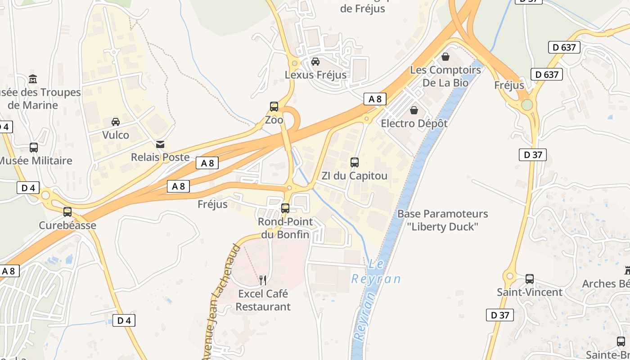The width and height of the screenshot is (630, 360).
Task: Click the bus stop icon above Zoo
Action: [274, 107]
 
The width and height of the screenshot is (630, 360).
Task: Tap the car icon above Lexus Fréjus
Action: [316, 62]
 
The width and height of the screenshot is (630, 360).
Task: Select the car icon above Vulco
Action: [116, 122]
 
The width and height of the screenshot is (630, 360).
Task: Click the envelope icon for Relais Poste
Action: [160, 144]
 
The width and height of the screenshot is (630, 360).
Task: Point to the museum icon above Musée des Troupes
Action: [33, 79]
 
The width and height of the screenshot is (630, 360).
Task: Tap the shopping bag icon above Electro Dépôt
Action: [414, 110]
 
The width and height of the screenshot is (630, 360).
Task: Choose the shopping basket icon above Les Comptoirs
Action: [445, 57]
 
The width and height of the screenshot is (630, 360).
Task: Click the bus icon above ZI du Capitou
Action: [355, 162]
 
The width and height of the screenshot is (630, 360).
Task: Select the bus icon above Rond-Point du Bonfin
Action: [285, 208]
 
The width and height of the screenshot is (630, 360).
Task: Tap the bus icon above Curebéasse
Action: [67, 212]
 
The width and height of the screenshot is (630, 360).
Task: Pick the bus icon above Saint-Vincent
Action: [530, 279]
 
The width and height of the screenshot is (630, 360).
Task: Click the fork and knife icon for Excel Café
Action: [263, 281]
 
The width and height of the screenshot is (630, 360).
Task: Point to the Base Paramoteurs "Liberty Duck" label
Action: [443, 220]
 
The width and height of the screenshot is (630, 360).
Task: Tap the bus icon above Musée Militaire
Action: [34, 148]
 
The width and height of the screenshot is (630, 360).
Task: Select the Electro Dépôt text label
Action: [414, 123]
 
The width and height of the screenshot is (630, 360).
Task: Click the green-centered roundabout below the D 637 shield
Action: [527, 105]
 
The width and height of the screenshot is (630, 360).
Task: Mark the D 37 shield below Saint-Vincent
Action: [500, 315]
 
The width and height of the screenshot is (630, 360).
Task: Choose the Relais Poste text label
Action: [160, 157]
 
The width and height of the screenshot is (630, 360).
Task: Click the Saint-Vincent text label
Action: [530, 292]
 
